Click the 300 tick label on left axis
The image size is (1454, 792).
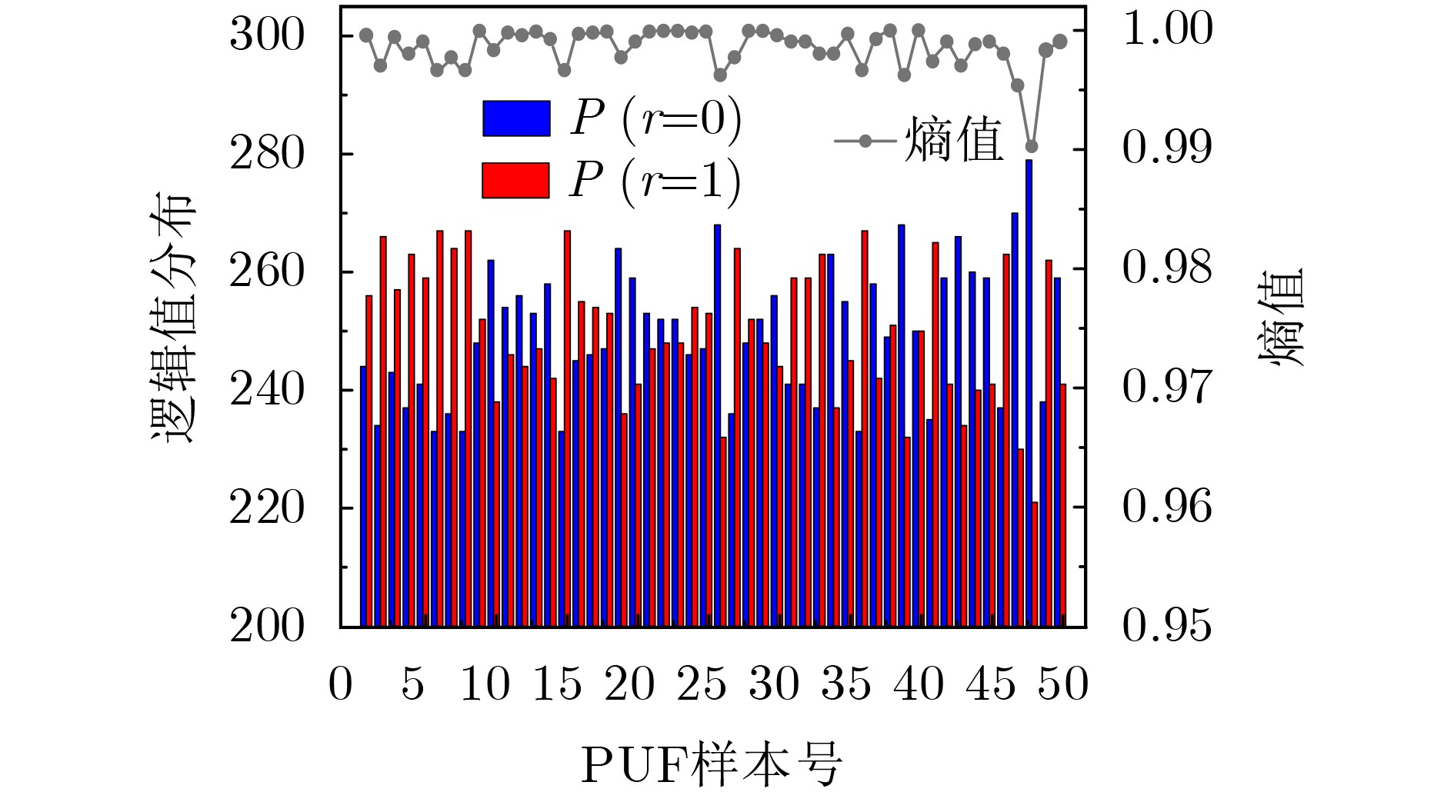click(x=267, y=35)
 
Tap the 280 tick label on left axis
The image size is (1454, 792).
click(x=267, y=154)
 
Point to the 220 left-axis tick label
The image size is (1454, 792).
click(x=267, y=507)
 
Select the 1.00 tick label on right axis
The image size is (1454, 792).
click(x=1168, y=29)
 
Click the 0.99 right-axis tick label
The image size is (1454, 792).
click(x=1168, y=148)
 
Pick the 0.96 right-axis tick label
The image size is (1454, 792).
click(x=1168, y=507)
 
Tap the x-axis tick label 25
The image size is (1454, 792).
click(x=701, y=684)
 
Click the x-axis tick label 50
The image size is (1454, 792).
click(x=1064, y=684)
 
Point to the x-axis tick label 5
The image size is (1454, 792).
click(x=413, y=684)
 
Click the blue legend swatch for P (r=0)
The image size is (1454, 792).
click(x=516, y=118)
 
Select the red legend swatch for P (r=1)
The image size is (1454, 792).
click(x=515, y=181)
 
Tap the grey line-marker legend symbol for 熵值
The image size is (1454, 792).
click(x=865, y=141)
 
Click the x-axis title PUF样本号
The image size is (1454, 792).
click(x=712, y=764)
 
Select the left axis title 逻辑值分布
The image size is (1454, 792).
click(x=172, y=316)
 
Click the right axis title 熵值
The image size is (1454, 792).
click(x=1282, y=316)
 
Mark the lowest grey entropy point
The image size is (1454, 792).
click(x=1032, y=146)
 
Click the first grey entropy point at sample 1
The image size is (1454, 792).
click(x=366, y=35)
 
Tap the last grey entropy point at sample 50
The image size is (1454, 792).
click(x=1060, y=42)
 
